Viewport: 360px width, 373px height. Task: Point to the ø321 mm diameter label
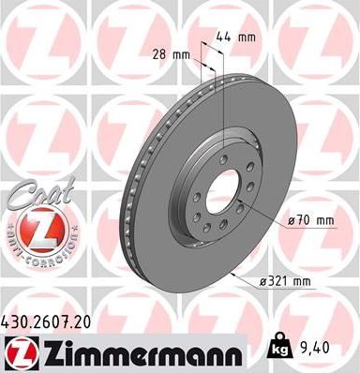(287, 279)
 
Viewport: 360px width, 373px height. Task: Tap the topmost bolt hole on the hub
(221, 151)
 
